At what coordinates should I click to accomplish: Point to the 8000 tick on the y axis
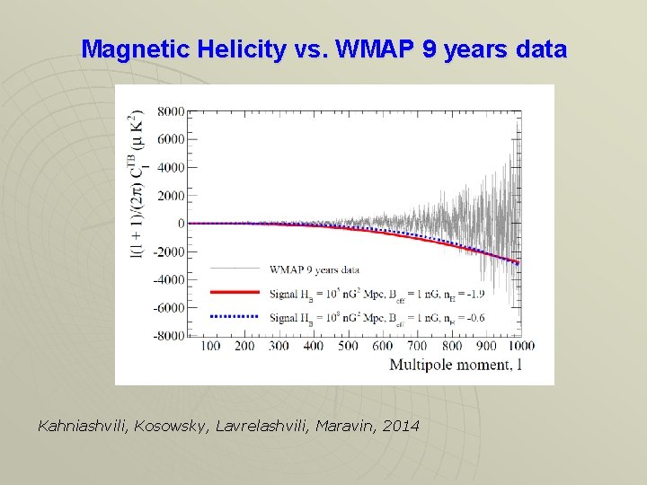171,111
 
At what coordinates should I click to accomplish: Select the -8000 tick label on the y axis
168,336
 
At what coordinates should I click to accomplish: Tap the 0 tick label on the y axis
181,224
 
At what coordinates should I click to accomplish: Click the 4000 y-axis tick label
171,167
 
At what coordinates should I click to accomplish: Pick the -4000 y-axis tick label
168,279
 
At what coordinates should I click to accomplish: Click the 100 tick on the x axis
210,346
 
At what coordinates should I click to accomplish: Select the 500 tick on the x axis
349,346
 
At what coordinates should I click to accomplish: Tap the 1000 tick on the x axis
519,346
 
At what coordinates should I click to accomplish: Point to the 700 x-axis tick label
417,346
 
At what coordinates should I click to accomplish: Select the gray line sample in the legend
235,268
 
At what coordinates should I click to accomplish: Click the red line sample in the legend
235,292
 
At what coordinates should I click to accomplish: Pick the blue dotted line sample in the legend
235,316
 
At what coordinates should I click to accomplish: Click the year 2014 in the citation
400,425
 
